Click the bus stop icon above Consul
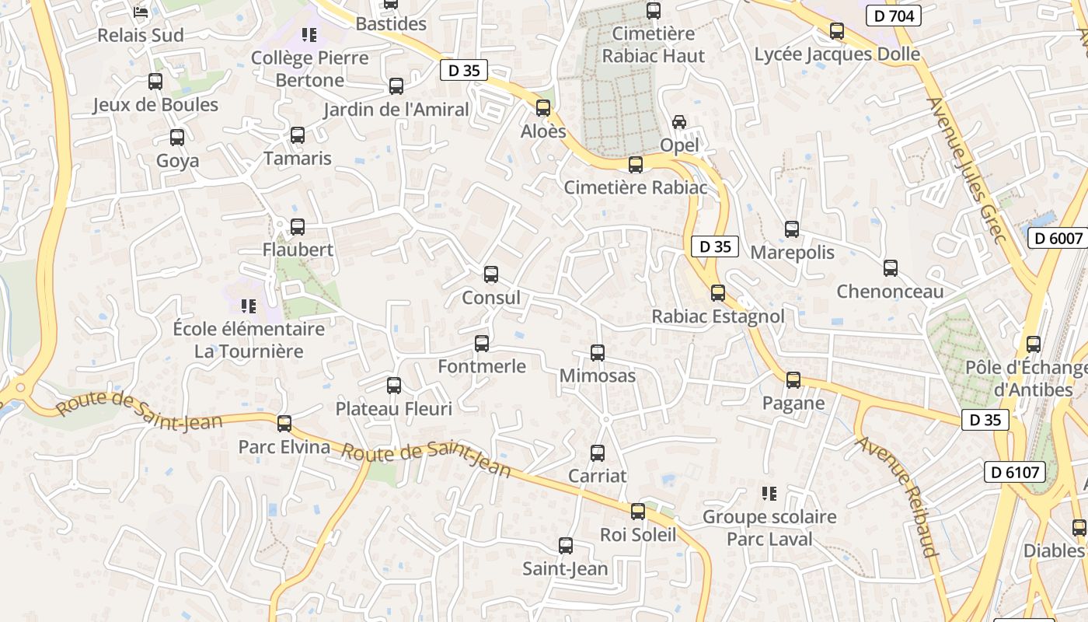click(490, 274)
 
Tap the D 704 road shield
click(893, 16)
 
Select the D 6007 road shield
click(1057, 238)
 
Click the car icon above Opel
click(678, 122)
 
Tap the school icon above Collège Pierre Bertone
click(309, 35)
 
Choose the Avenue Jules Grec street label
click(967, 170)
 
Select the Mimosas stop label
click(598, 376)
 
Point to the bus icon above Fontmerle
click(482, 343)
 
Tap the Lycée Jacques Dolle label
click(837, 54)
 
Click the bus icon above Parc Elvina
click(284, 424)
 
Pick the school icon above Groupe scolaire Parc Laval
click(769, 494)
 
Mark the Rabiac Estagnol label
click(717, 317)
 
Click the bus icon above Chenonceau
click(891, 268)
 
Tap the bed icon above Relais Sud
click(140, 12)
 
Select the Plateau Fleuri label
click(393, 408)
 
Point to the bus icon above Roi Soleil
click(638, 512)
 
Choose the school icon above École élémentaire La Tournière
click(249, 306)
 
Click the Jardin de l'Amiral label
click(396, 110)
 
